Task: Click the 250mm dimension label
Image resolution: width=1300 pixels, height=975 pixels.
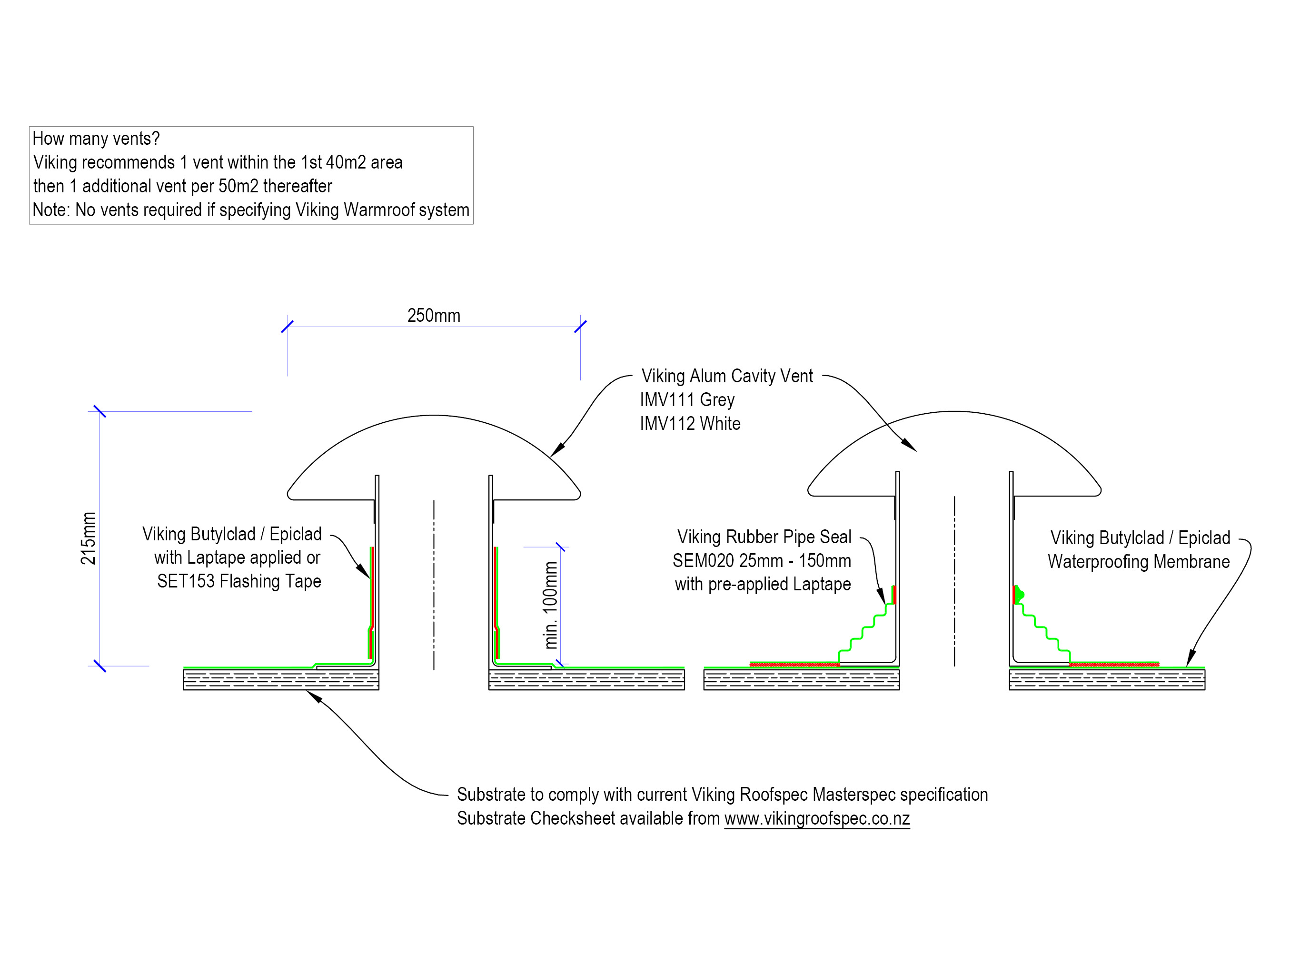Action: [x=434, y=316]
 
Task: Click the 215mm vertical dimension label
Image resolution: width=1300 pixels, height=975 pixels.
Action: [x=88, y=538]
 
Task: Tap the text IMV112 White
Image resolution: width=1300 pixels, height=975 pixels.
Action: [x=690, y=424]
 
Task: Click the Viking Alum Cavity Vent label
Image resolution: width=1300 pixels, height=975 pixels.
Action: [x=727, y=376]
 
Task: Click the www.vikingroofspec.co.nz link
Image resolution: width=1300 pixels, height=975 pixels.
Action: [x=817, y=819]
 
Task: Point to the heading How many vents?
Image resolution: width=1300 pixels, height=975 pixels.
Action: [x=96, y=139]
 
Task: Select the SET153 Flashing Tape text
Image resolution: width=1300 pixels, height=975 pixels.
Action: [x=238, y=581]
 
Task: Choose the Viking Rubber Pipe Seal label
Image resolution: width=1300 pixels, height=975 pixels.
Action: [x=764, y=537]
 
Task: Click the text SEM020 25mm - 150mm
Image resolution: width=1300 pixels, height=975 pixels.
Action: [x=762, y=561]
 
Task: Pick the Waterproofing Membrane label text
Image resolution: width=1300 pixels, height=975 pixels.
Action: [x=1138, y=562]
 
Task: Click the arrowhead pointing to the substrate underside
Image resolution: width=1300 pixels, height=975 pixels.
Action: [x=313, y=696]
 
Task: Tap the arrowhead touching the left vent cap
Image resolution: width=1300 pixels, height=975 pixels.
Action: [x=557, y=449]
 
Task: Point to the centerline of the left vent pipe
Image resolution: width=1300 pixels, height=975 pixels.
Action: [x=434, y=585]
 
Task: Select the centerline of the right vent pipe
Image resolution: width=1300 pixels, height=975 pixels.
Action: [x=954, y=582]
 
